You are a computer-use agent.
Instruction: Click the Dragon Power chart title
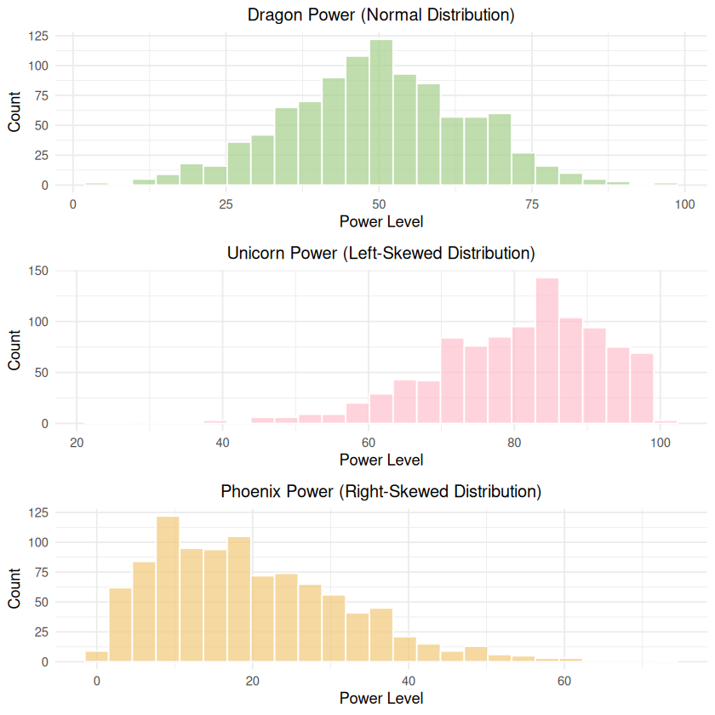[380, 14]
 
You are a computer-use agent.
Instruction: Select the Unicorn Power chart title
[380, 253]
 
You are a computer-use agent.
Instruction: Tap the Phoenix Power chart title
[380, 491]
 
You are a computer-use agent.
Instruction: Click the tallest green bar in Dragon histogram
[381, 112]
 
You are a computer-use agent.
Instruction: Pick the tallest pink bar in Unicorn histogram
[547, 351]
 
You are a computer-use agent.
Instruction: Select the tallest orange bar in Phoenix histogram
[168, 589]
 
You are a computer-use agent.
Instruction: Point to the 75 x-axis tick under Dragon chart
[531, 204]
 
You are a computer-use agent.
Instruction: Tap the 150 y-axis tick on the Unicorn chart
[38, 271]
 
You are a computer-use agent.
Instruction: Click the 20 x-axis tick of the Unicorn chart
[77, 443]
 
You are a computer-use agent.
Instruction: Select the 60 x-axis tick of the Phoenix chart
[563, 681]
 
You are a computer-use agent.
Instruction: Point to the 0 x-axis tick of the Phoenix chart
[97, 681]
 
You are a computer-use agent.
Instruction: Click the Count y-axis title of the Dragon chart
[14, 112]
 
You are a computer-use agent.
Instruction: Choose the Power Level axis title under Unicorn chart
[380, 460]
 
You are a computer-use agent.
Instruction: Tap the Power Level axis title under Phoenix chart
[380, 698]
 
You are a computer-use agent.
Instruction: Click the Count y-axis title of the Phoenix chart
[14, 589]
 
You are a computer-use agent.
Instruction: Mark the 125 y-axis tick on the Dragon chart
[38, 36]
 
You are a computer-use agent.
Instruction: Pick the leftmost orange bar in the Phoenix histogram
[96, 657]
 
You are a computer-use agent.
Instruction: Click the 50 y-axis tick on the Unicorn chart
[41, 372]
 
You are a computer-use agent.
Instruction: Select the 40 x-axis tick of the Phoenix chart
[408, 681]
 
